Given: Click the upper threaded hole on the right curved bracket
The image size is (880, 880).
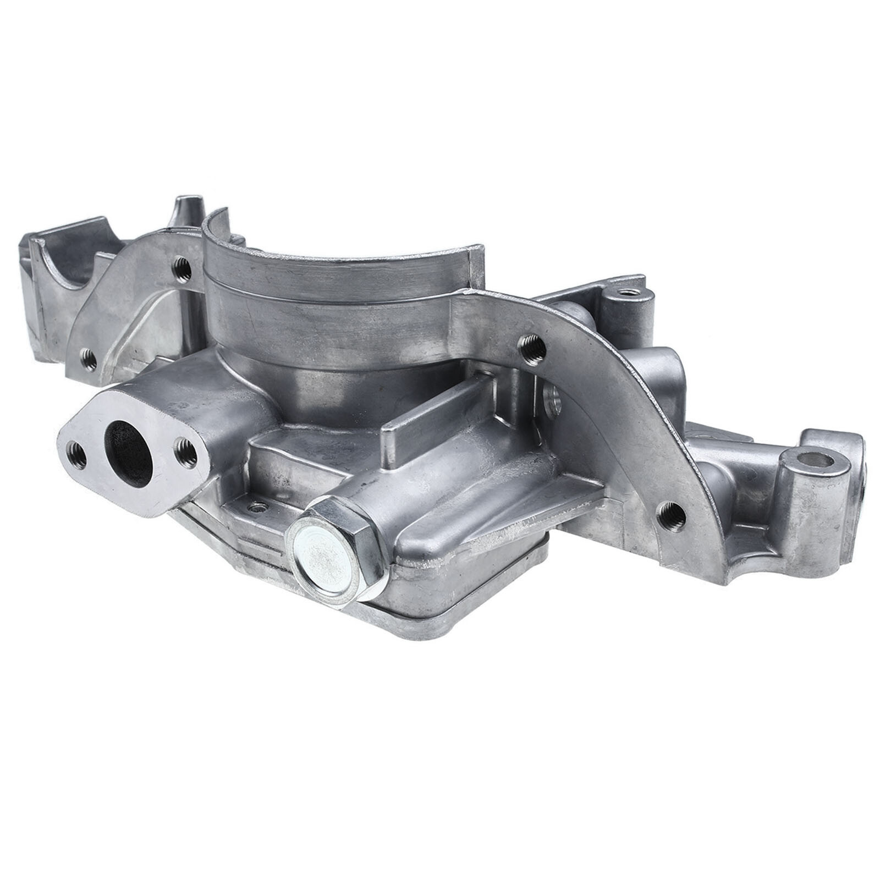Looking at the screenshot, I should (531, 348).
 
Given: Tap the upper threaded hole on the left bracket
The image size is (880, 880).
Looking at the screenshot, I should (182, 270).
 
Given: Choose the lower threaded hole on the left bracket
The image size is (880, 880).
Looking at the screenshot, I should (88, 360).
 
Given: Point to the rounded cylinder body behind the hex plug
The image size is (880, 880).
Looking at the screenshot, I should (440, 512).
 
